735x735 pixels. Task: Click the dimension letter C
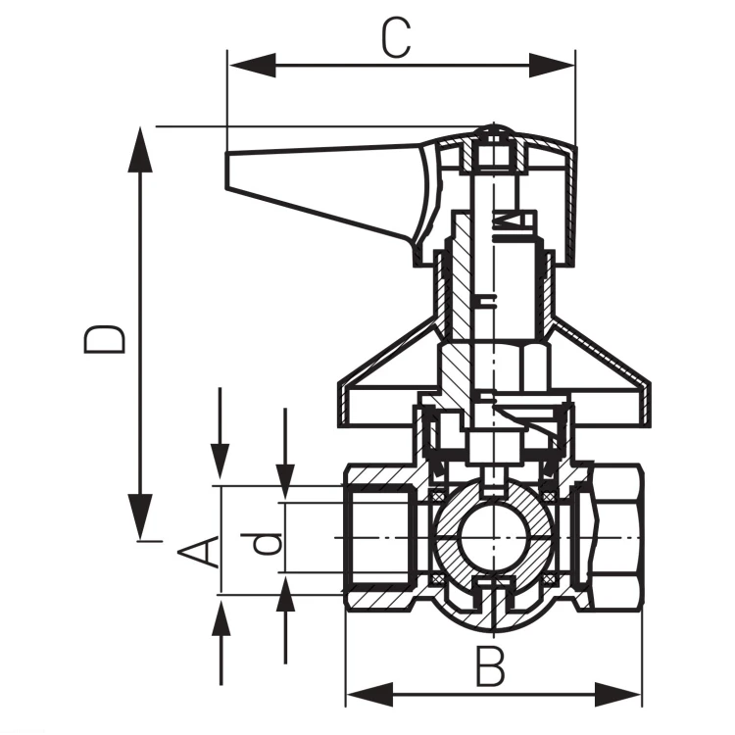pos(396,38)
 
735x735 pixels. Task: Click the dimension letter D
pos(104,339)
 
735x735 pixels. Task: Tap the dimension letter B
pos(490,665)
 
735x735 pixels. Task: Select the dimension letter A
pos(199,551)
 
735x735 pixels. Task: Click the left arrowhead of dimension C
pos(252,65)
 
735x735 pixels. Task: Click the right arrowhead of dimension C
pos(552,65)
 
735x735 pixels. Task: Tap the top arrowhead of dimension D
pos(140,150)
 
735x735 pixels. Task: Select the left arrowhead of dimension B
pos(369,694)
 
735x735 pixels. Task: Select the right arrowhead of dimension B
pos(618,694)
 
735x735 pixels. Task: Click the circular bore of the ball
pos(493,537)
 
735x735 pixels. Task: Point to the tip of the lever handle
pos(227,171)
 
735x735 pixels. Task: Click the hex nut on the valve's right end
pos(616,537)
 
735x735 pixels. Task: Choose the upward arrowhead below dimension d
pos(285,595)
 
